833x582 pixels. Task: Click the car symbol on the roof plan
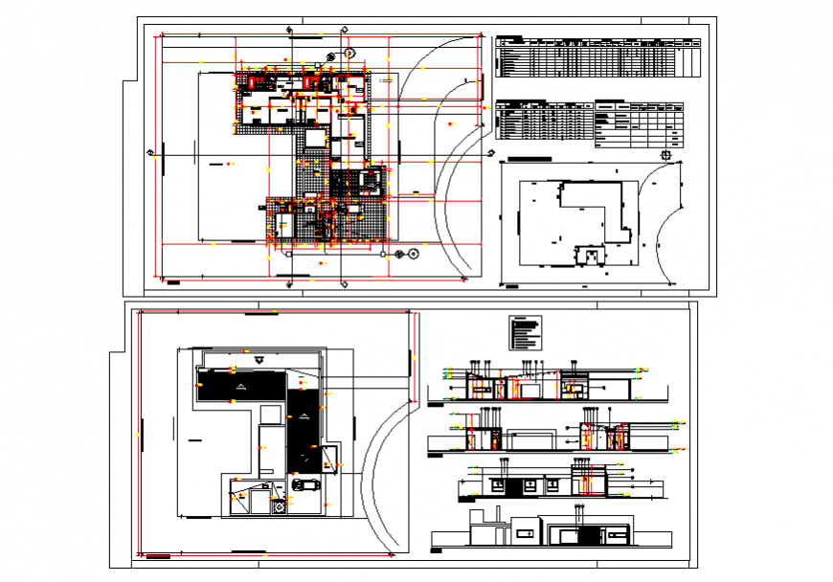pyautogui.click(x=307, y=484)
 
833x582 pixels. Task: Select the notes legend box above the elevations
pyautogui.click(x=526, y=333)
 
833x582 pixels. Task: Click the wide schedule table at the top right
pyautogui.click(x=599, y=58)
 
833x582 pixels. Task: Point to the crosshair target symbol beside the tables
pyautogui.click(x=666, y=154)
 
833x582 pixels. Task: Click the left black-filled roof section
pyautogui.click(x=240, y=386)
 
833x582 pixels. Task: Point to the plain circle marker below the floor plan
pyautogui.click(x=412, y=255)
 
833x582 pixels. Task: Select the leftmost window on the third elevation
pyautogui.click(x=498, y=486)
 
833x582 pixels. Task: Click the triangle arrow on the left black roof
pyautogui.click(x=240, y=386)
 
